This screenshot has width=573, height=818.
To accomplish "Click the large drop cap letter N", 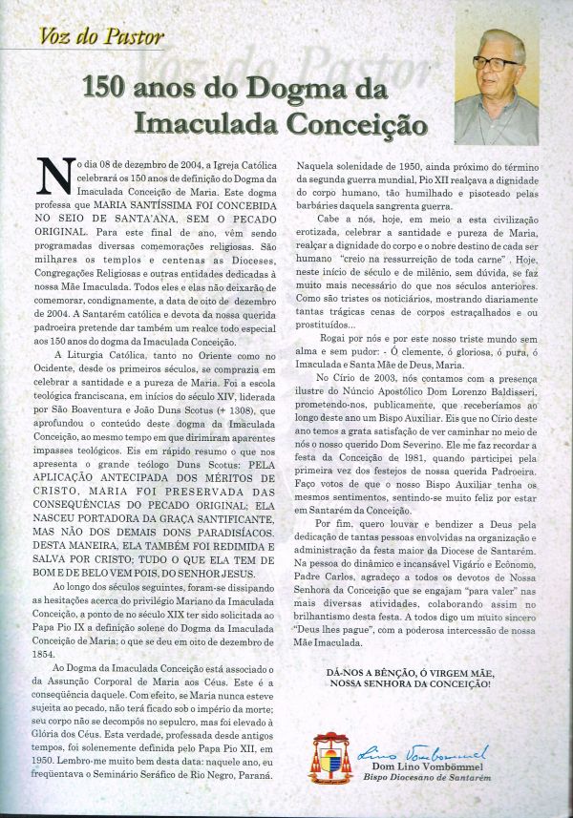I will tap(53, 178).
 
